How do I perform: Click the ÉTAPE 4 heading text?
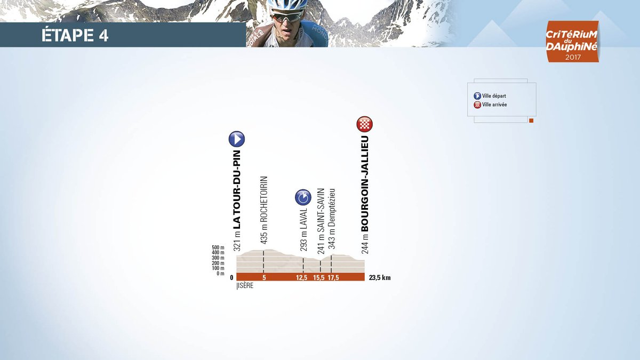(x=75, y=35)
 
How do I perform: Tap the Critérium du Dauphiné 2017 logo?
(x=572, y=42)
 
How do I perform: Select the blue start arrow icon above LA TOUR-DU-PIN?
(x=237, y=139)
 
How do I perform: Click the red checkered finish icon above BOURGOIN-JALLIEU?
(x=364, y=124)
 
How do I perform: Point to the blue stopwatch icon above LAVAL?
(x=303, y=197)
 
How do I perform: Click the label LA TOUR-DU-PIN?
(x=237, y=190)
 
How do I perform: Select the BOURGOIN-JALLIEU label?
(x=365, y=183)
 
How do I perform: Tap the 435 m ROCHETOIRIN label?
(x=264, y=210)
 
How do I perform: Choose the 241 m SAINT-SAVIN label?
(x=321, y=221)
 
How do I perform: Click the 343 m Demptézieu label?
(x=332, y=219)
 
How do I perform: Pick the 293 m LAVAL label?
(x=303, y=230)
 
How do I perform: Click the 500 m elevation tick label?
(x=218, y=247)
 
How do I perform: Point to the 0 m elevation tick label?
(x=220, y=274)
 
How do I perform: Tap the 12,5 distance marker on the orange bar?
(x=301, y=278)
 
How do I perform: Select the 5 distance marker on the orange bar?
(x=264, y=278)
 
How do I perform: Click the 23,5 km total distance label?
(x=380, y=278)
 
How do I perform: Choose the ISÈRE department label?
(x=246, y=286)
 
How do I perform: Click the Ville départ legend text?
(x=494, y=96)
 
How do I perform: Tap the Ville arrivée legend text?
(x=494, y=105)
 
